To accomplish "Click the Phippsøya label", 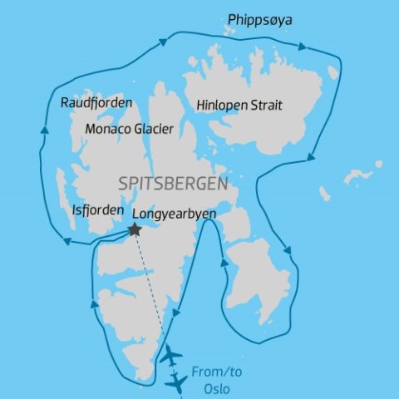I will pos(261,19).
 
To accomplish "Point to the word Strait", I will pos(268,106).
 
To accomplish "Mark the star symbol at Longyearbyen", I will pos(134,230).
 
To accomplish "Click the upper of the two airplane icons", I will pos(170,355).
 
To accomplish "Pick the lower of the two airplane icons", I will pos(176,382).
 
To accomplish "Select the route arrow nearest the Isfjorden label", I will pos(66,242).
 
